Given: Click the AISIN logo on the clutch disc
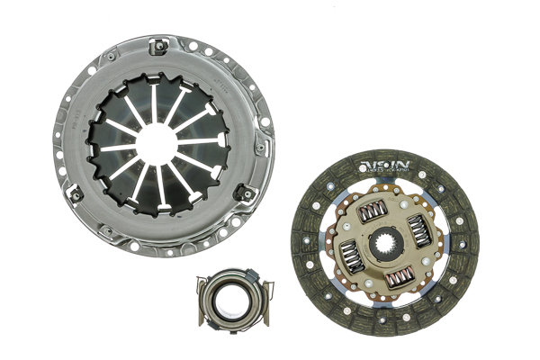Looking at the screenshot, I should tap(384, 165).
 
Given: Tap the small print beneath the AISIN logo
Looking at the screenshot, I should tap(384, 172).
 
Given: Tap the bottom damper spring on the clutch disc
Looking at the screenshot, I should tap(401, 278).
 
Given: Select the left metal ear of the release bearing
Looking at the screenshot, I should tap(202, 287).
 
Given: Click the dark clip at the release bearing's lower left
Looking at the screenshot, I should tap(206, 315).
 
